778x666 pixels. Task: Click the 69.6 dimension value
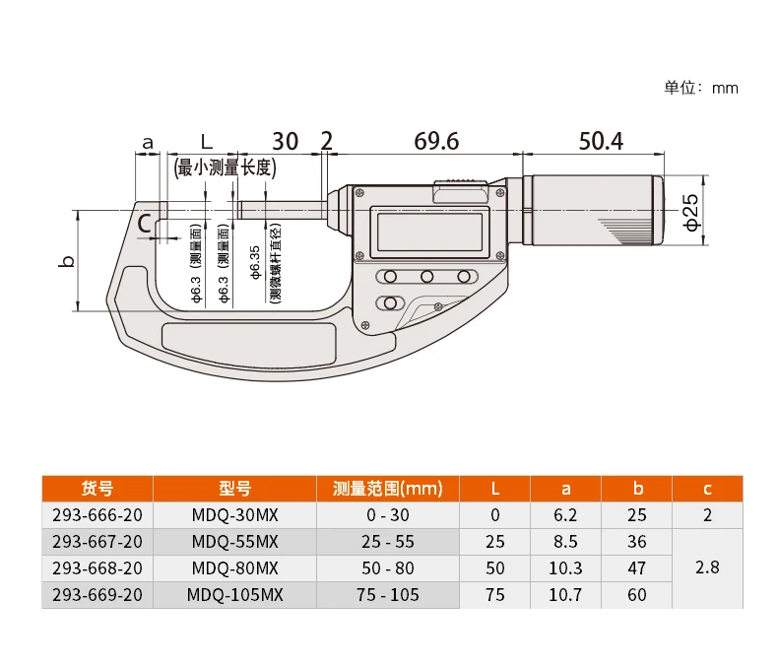tap(436, 141)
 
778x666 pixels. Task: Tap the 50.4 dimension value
tap(600, 141)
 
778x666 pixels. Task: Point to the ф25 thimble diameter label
tap(691, 211)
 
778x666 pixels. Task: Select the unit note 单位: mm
tap(701, 88)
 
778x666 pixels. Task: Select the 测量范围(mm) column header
tap(388, 489)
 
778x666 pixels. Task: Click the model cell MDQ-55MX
tap(234, 542)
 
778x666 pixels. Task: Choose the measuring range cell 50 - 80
tap(388, 568)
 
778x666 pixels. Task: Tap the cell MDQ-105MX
tap(234, 595)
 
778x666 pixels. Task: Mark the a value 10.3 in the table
tap(565, 568)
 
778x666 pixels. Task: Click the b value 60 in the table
tap(637, 595)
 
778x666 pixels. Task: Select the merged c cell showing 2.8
tap(707, 568)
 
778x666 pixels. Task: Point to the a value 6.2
tap(565, 515)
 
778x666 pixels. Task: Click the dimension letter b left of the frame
tap(67, 261)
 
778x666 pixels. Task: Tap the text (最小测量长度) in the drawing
tap(224, 167)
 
